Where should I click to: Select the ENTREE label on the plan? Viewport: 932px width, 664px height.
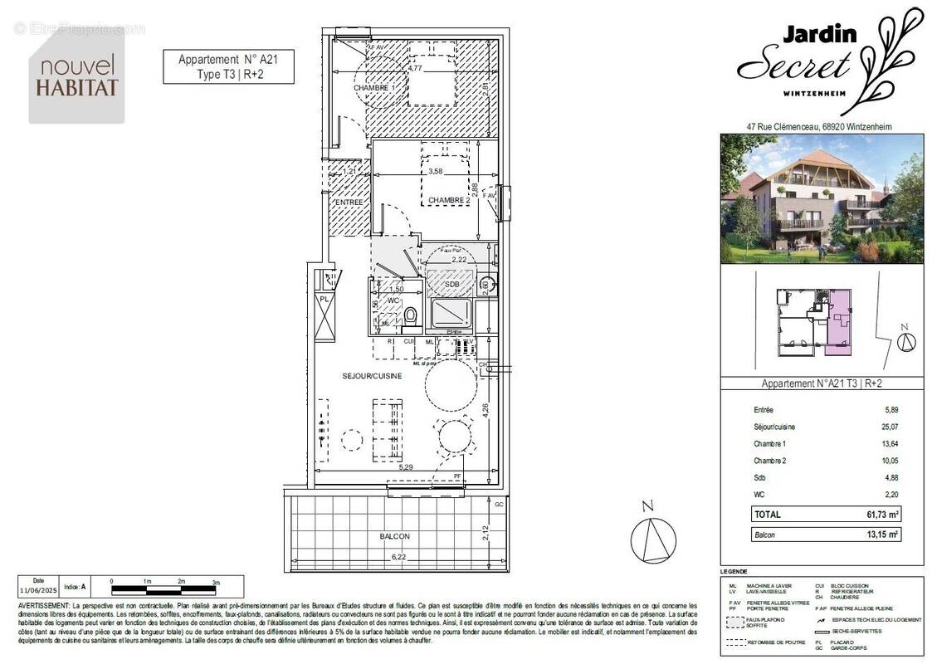click(x=349, y=203)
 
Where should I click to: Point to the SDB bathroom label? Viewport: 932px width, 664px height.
click(x=451, y=284)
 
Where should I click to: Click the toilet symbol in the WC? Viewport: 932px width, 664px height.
click(x=409, y=316)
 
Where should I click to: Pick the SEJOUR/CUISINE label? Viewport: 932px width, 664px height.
click(x=372, y=376)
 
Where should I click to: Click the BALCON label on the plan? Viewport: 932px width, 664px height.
click(x=395, y=537)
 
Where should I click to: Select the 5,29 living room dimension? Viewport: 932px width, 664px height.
click(x=406, y=468)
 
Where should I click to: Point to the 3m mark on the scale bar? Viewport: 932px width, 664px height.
click(x=215, y=582)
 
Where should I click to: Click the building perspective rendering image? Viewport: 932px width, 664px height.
click(x=821, y=198)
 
